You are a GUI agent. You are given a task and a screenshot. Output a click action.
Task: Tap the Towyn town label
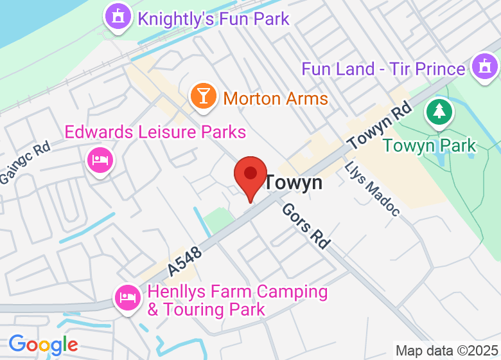click(294, 183)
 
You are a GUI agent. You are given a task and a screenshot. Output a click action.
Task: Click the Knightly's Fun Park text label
click(214, 18)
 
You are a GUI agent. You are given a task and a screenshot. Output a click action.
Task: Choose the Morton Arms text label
click(276, 99)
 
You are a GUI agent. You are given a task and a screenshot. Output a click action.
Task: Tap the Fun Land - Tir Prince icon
click(485, 67)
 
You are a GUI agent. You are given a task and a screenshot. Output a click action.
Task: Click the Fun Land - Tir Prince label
click(383, 69)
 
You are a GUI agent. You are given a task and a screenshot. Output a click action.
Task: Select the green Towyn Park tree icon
click(440, 112)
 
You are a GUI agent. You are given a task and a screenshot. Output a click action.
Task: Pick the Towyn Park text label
click(430, 145)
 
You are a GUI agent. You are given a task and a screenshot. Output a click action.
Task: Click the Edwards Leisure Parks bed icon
click(100, 158)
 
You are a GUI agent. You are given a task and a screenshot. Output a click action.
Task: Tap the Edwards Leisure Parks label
click(155, 132)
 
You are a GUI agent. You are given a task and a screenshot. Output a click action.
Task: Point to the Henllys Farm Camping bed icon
click(127, 297)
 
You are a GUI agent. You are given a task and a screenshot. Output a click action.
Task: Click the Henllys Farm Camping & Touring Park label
click(237, 300)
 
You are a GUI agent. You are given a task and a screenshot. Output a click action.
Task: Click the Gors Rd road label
click(306, 225)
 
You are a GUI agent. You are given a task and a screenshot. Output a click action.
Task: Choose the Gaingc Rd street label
click(24, 164)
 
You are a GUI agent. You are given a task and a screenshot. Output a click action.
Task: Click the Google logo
click(43, 345)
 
